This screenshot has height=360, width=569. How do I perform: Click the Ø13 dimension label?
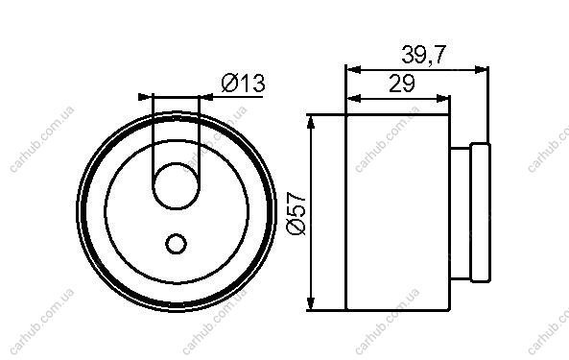[x=244, y=83]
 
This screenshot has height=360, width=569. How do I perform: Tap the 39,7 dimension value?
[x=423, y=55]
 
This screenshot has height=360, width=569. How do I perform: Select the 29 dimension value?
[x=402, y=84]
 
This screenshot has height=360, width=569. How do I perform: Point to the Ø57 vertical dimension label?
[x=296, y=213]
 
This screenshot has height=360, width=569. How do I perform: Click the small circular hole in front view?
[x=176, y=244]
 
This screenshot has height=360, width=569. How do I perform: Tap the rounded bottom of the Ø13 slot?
[x=176, y=198]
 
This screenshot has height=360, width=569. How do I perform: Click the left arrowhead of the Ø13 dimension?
[x=144, y=97]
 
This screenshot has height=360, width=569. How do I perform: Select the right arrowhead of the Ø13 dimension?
[x=206, y=97]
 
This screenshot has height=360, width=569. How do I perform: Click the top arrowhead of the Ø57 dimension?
[x=310, y=123]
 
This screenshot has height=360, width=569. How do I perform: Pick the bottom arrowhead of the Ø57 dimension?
[x=310, y=302]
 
